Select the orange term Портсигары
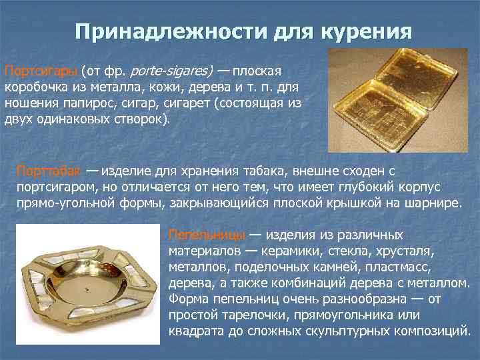click(41, 71)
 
